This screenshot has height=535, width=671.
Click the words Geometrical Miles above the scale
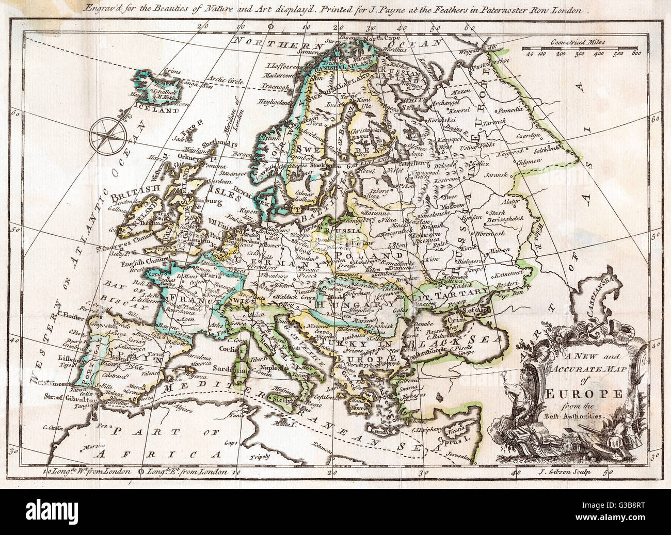click(x=578, y=44)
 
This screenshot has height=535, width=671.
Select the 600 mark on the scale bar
click(x=636, y=53)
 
